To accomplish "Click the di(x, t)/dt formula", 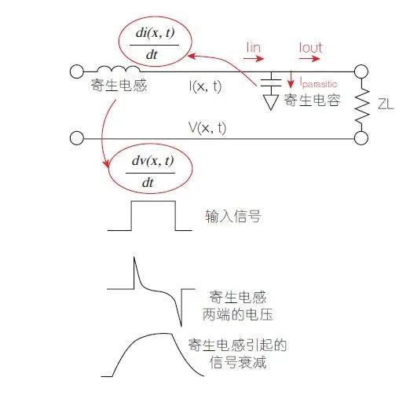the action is click(155, 44).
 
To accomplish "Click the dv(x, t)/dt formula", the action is click(151, 171).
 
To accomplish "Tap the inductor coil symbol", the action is click(119, 68).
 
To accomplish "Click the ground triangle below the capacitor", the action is click(271, 102).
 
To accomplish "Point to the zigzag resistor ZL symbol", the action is click(362, 105).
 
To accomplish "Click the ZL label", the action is click(386, 104).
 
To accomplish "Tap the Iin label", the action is click(254, 48).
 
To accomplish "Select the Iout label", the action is click(311, 48).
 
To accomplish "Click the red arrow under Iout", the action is click(309, 58).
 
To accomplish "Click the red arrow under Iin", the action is click(254, 58).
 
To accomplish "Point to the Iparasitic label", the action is click(318, 83).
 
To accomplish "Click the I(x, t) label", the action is click(205, 86).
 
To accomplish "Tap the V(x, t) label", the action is click(207, 128).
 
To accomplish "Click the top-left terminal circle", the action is click(77, 71).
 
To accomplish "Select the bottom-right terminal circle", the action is click(361, 138).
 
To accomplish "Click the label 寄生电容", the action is click(313, 100).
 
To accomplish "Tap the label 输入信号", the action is click(233, 216).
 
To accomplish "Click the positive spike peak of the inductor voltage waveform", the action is click(134, 258).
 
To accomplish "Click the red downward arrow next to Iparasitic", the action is click(291, 79).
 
